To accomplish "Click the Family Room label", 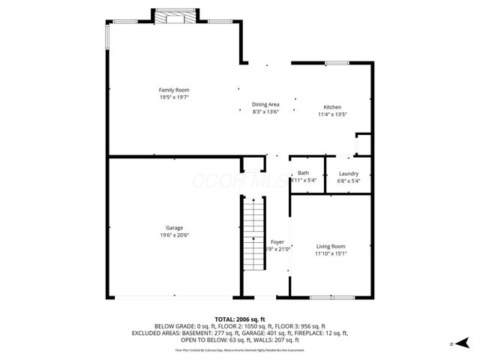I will pyautogui.click(x=173, y=90).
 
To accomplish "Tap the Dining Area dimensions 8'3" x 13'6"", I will pyautogui.click(x=265, y=112).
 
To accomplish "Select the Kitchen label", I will pyautogui.click(x=332, y=106).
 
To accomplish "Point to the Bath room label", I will pyautogui.click(x=303, y=173).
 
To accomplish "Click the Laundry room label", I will pyautogui.click(x=348, y=173).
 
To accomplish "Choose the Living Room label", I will pyautogui.click(x=330, y=246).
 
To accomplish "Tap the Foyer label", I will pyautogui.click(x=277, y=242).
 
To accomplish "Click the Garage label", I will pyautogui.click(x=174, y=228).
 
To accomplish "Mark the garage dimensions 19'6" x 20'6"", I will pyautogui.click(x=174, y=235).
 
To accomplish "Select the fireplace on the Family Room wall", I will pyautogui.click(x=177, y=16).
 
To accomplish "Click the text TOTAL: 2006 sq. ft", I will pyautogui.click(x=240, y=319).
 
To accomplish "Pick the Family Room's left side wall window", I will pyautogui.click(x=108, y=37).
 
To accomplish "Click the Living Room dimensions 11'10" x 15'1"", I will pyautogui.click(x=330, y=253).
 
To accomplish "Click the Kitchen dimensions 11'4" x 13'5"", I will pyautogui.click(x=332, y=114).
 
